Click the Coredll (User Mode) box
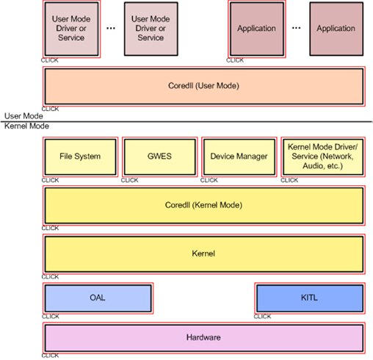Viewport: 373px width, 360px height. [x=204, y=86]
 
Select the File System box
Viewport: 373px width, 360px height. [x=79, y=156]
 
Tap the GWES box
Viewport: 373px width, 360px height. [x=159, y=156]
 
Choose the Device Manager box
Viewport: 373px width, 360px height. [x=239, y=156]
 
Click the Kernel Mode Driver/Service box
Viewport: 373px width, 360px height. [x=322, y=156]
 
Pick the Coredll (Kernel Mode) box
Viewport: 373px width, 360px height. [x=204, y=205]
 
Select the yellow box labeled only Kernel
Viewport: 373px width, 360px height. [x=204, y=253]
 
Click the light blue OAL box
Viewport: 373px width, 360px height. [x=98, y=298]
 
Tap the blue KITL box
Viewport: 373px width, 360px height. [x=309, y=298]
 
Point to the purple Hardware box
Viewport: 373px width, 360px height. [x=204, y=337]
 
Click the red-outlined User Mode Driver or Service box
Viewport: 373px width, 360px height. [x=72, y=29]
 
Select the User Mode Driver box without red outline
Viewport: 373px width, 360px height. [x=151, y=29]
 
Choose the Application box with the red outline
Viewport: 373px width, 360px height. [x=256, y=29]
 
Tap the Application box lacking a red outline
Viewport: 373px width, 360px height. [x=336, y=29]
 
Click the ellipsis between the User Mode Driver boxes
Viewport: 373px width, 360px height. [x=111, y=29]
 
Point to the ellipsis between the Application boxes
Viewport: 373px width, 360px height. [x=297, y=29]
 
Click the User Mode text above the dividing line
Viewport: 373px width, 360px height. [x=23, y=115]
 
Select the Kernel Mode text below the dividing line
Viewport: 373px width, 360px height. [x=26, y=126]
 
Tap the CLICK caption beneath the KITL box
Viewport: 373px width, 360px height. [x=262, y=317]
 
